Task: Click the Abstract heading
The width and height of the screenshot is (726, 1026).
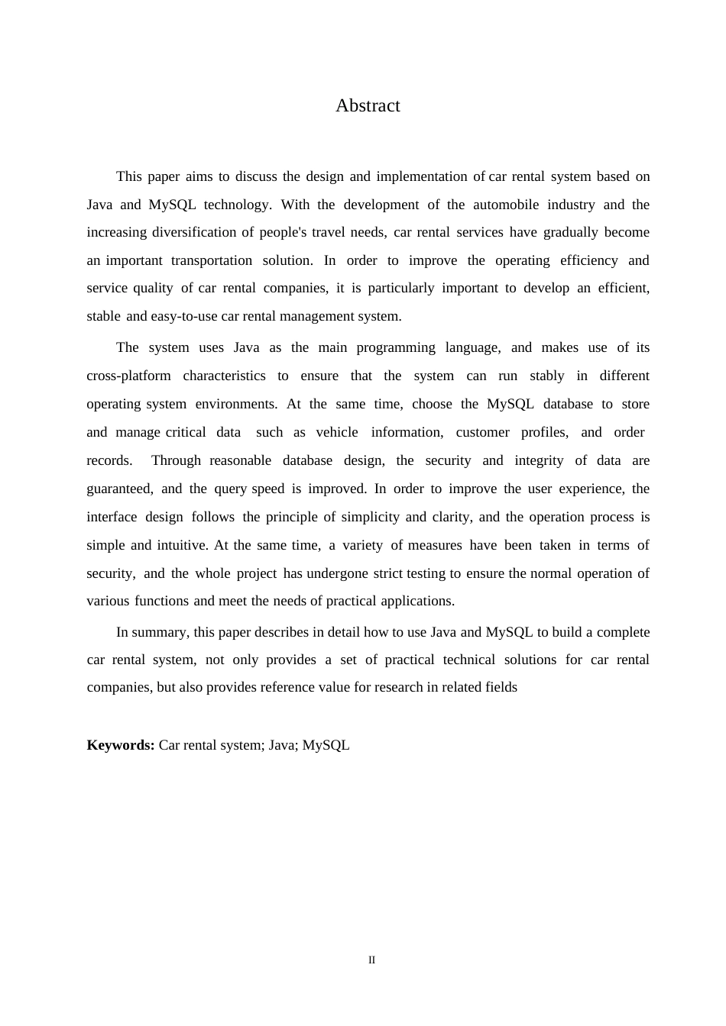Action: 368,105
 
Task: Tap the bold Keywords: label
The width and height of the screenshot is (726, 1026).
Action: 121,745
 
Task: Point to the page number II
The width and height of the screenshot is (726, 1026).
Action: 371,960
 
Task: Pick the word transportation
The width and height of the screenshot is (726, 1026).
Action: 212,260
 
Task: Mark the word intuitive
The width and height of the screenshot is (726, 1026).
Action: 182,545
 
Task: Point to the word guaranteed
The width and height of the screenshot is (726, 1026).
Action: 119,489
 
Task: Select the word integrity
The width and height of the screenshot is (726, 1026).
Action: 540,460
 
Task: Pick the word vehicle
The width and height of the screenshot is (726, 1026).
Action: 337,432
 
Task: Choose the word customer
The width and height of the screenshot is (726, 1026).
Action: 482,432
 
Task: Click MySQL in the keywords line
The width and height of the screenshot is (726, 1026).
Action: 326,745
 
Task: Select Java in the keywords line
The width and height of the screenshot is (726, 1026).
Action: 282,745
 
